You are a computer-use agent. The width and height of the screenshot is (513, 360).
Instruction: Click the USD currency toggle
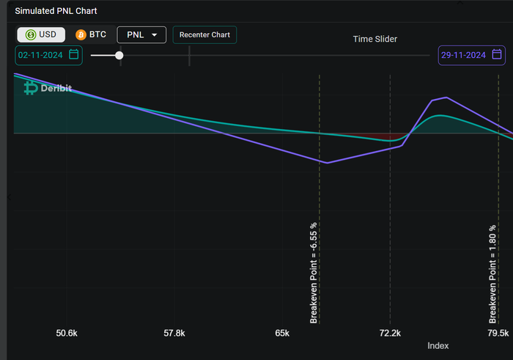pos(41,34)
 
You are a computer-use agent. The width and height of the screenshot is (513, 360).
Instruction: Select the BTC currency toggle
pos(91,34)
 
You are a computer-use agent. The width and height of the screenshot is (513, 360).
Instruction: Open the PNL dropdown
pos(141,34)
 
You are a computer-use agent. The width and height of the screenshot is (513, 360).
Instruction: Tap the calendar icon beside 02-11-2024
pos(73,54)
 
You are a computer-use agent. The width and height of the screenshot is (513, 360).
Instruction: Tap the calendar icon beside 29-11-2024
pos(497,54)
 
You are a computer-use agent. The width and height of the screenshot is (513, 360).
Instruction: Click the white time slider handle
pos(119,55)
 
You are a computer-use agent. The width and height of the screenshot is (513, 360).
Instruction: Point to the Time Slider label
pos(374,39)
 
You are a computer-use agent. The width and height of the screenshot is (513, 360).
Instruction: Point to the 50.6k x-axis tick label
pos(67,333)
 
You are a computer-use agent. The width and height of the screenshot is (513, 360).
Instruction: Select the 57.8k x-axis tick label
pos(174,333)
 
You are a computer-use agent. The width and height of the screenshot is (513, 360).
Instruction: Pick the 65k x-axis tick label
pos(282,333)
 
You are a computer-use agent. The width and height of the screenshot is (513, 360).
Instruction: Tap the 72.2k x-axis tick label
pos(390,333)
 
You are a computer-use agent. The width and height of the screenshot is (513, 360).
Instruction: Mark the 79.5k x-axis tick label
pos(498,333)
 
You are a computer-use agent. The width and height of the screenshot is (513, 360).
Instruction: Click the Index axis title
pos(438,345)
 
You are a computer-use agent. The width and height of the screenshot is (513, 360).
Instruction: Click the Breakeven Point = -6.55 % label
pos(314,273)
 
